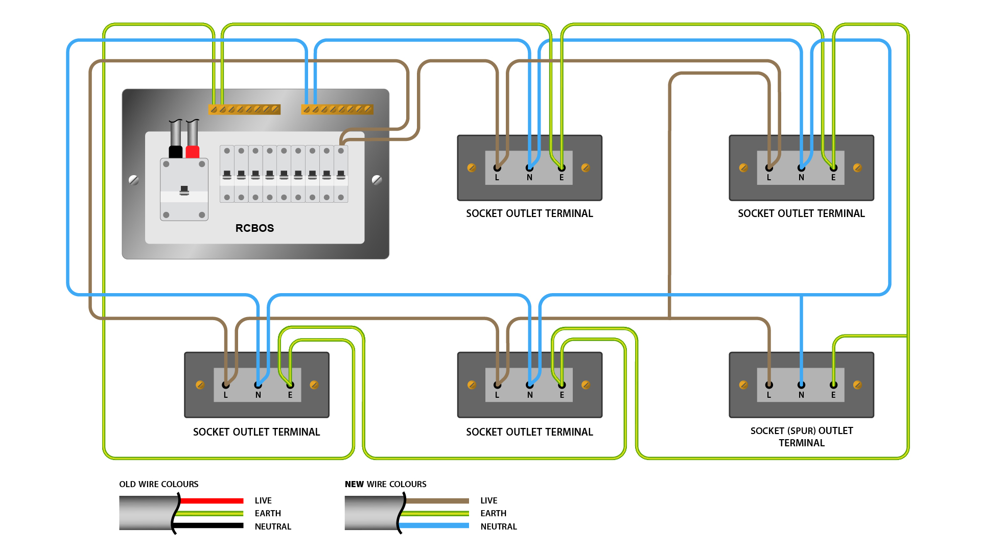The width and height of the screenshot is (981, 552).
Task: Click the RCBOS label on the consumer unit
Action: [x=254, y=228]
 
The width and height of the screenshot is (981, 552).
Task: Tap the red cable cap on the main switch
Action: [x=193, y=152]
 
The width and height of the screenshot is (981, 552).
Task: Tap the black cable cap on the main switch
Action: [x=175, y=152]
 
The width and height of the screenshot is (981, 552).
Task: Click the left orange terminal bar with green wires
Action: [x=244, y=109]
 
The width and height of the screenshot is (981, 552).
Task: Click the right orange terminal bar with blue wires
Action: [x=337, y=109]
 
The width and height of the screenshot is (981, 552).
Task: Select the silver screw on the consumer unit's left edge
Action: [x=134, y=180]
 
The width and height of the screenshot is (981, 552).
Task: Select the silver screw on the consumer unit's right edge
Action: [x=377, y=180]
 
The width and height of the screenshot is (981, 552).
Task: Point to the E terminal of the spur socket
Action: [x=833, y=385]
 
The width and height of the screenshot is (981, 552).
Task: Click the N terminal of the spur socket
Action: [x=801, y=385]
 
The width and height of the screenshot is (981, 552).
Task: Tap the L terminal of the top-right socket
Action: [x=769, y=168]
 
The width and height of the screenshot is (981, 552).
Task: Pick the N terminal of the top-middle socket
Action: [x=529, y=168]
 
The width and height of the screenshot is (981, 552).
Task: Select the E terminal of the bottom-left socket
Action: [x=290, y=385]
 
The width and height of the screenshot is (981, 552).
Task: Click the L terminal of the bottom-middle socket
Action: [x=497, y=385]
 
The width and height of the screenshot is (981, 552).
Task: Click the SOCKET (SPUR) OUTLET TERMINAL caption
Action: [x=802, y=437]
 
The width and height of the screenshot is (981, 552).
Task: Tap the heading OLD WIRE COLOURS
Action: [x=159, y=484]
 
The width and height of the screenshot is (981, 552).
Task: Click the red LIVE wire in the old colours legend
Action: [x=212, y=500]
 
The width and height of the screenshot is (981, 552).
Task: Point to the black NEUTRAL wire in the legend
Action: [x=212, y=526]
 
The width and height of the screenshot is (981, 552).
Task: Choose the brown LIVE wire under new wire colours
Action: [x=437, y=500]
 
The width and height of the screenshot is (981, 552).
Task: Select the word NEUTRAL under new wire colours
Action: [x=499, y=526]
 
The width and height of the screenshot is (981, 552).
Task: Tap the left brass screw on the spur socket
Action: [x=743, y=385]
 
